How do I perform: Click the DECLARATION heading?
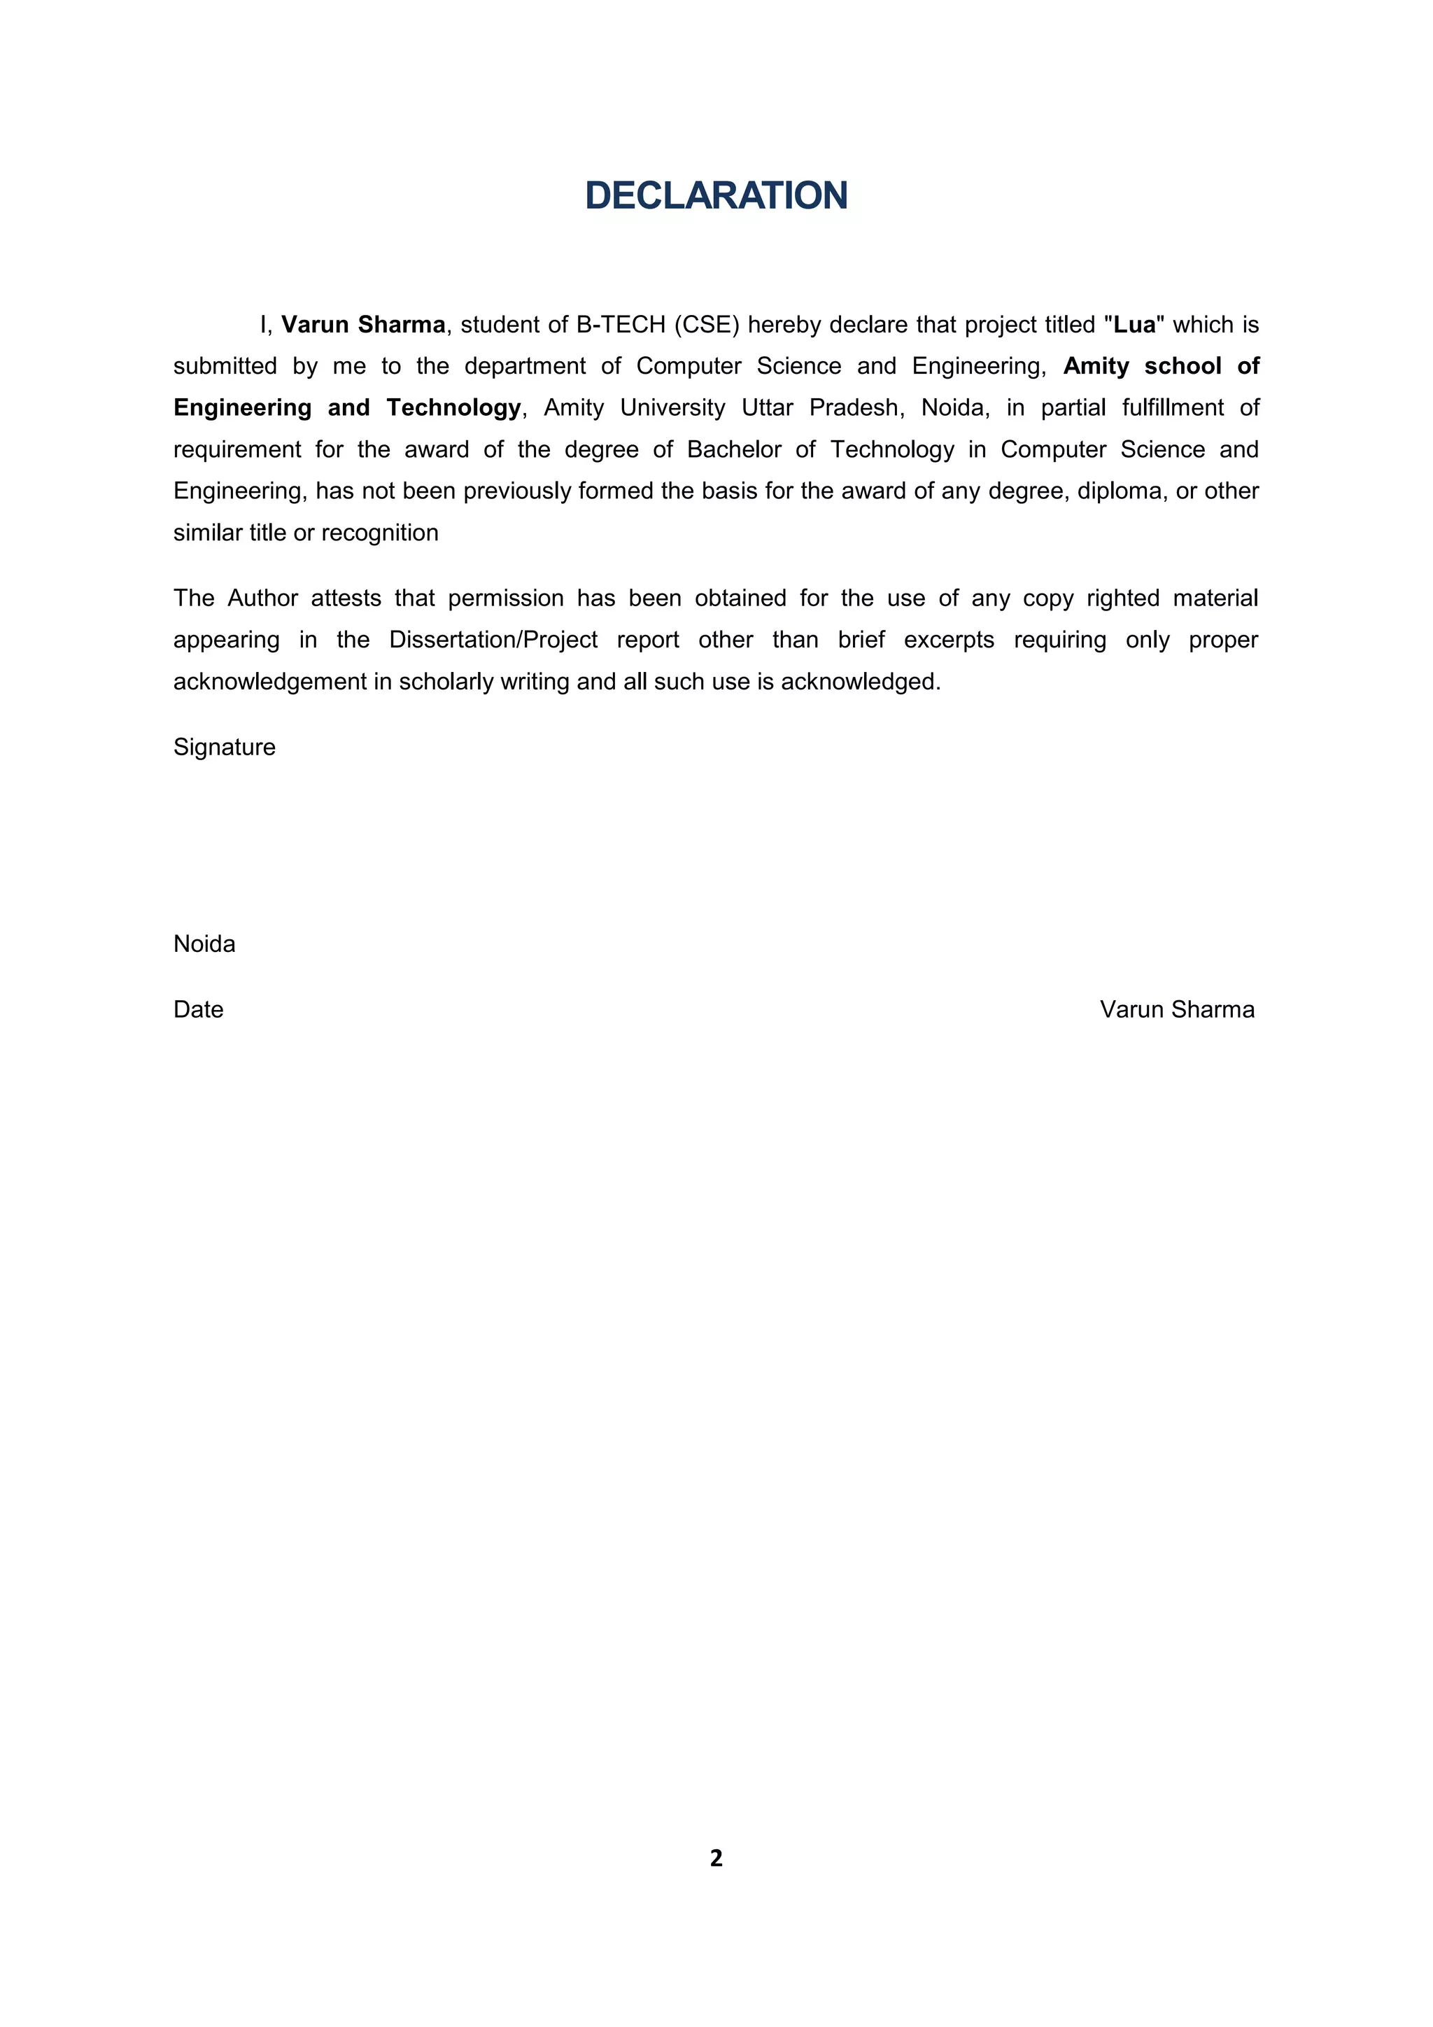point(716,196)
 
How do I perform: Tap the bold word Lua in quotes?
point(1135,325)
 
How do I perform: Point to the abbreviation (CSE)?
point(706,325)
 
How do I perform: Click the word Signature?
point(224,747)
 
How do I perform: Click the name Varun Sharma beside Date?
point(1176,1009)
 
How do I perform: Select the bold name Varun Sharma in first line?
point(362,325)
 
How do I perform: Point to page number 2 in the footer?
point(716,1858)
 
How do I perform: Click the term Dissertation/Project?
point(493,639)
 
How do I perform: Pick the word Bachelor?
point(734,449)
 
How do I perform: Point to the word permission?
point(506,598)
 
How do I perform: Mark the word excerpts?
point(949,639)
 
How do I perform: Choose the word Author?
point(262,598)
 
